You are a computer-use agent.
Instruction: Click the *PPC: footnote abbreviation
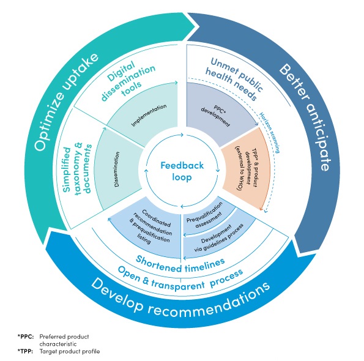pos(25,336)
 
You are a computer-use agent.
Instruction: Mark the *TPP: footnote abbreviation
pos(25,351)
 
